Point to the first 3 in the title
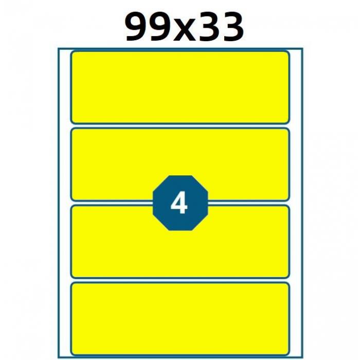(x=207, y=27)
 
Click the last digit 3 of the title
(x=231, y=27)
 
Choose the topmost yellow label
(x=180, y=87)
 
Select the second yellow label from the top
(x=180, y=165)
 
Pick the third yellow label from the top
(x=180, y=242)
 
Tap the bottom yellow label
(x=180, y=319)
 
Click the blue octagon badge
(x=180, y=203)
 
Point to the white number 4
(x=179, y=203)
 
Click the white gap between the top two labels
(x=180, y=126)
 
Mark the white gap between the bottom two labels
(x=180, y=280)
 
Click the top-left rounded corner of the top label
(x=71, y=52)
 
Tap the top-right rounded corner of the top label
(x=289, y=52)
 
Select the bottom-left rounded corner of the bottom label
(x=71, y=354)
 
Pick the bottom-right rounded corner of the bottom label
(x=289, y=354)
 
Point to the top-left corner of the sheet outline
(x=58, y=48)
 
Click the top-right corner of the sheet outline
(x=302, y=48)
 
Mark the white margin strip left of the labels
(x=64, y=203)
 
